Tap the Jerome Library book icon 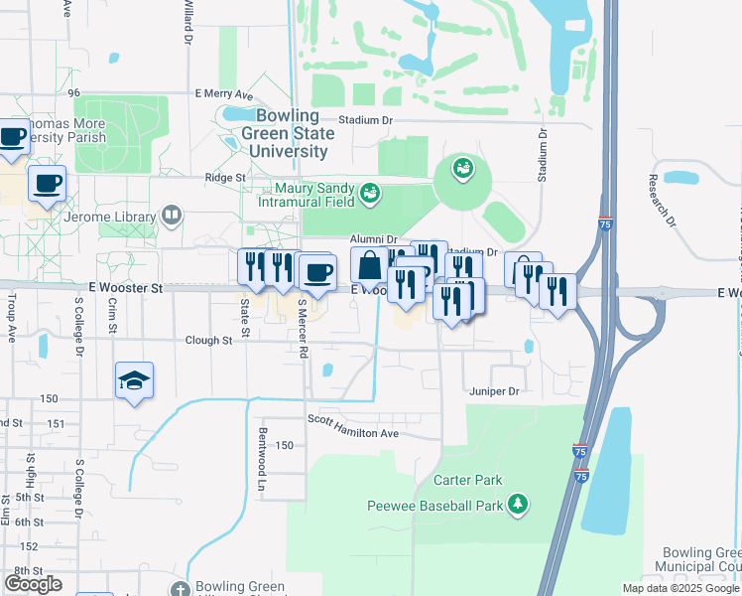pos(171,215)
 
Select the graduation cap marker pos(134,381)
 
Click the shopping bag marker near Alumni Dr pos(369,266)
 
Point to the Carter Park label pos(467,480)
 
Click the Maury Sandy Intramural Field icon pos(369,192)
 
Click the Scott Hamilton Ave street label pos(352,433)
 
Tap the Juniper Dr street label pos(494,392)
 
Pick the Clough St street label pos(208,340)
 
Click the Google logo pos(33,584)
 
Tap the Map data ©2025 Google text pos(680,588)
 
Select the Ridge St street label pos(225,177)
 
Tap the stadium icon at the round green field pos(461,170)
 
